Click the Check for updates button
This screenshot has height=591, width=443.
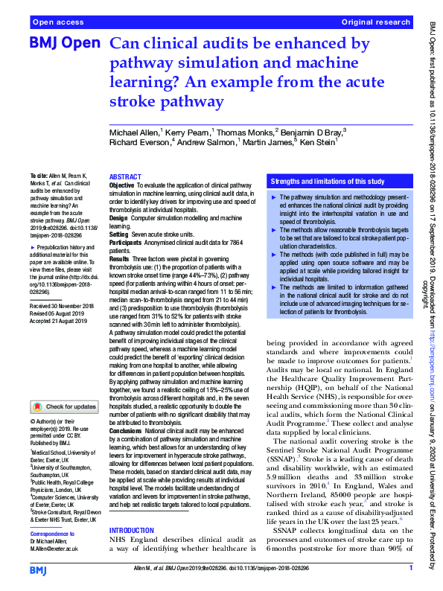pyautogui.click(x=65, y=406)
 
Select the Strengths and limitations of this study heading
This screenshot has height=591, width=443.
pyautogui.click(x=328, y=181)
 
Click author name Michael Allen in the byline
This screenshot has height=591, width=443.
pyautogui.click(x=133, y=131)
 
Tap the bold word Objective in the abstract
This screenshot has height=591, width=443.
pyautogui.click(x=122, y=185)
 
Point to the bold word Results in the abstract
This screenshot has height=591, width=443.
pyautogui.click(x=118, y=257)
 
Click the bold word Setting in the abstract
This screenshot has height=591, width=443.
pyautogui.click(x=118, y=234)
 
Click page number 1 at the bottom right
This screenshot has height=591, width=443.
pyautogui.click(x=411, y=569)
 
